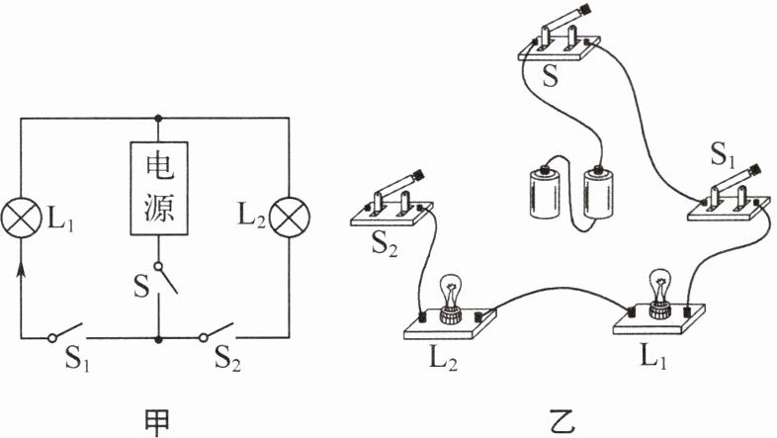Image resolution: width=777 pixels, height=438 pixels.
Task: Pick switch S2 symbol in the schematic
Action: click(219, 332)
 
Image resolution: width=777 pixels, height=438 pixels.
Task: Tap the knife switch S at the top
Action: click(560, 44)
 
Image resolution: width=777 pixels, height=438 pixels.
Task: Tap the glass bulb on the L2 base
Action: click(451, 293)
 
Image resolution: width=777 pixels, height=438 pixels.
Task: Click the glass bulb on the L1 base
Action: click(656, 288)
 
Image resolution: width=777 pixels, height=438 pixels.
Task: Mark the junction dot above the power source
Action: click(159, 118)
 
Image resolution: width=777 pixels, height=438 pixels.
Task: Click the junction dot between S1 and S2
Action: click(159, 338)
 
